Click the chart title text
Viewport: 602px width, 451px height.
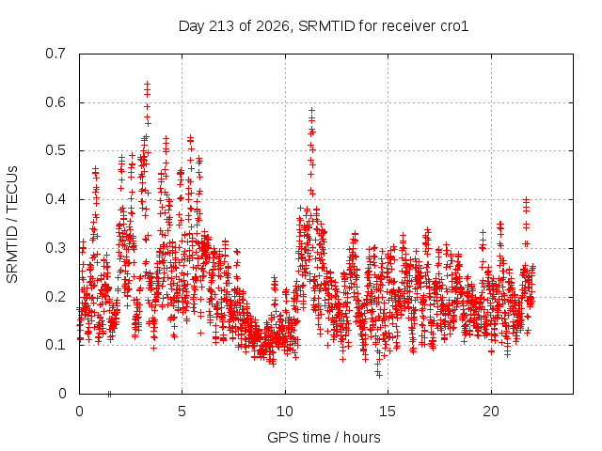[324, 26]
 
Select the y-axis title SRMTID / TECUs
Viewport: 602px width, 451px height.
[12, 225]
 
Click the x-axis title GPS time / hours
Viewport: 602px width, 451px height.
[324, 437]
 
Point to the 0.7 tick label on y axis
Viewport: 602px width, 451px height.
[55, 54]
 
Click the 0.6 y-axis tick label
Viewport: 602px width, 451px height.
[55, 102]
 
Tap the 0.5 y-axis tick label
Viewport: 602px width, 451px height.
[55, 150]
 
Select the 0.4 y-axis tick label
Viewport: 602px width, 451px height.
[55, 199]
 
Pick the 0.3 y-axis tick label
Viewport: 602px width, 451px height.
[55, 248]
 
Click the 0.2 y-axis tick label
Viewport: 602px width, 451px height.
[55, 297]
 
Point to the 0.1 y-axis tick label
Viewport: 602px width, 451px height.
[55, 345]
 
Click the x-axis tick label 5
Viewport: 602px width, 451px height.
[182, 412]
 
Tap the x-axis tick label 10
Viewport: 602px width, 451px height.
[285, 412]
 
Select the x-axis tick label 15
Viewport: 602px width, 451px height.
[388, 412]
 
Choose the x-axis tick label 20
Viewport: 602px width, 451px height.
[491, 412]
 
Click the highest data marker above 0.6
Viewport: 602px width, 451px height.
[147, 84]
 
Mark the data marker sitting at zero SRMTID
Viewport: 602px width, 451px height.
[109, 394]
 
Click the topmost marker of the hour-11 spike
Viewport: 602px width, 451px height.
[311, 111]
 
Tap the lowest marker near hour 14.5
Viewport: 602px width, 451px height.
[379, 376]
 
